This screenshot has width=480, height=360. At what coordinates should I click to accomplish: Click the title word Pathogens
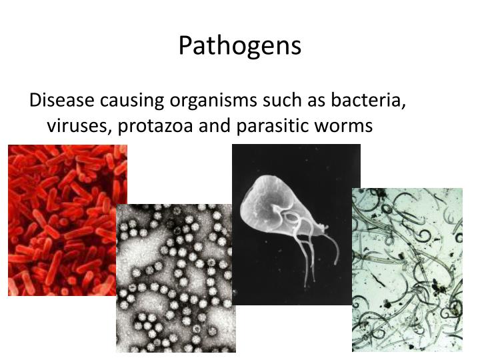[240, 45]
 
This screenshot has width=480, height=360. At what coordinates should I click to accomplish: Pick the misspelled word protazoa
[150, 125]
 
